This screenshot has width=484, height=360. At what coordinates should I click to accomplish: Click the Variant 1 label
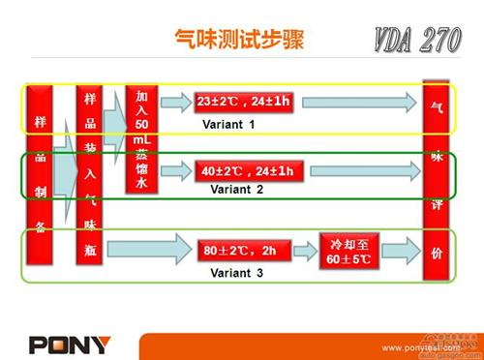coord(229,125)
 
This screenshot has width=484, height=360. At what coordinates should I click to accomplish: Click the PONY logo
coord(70,344)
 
